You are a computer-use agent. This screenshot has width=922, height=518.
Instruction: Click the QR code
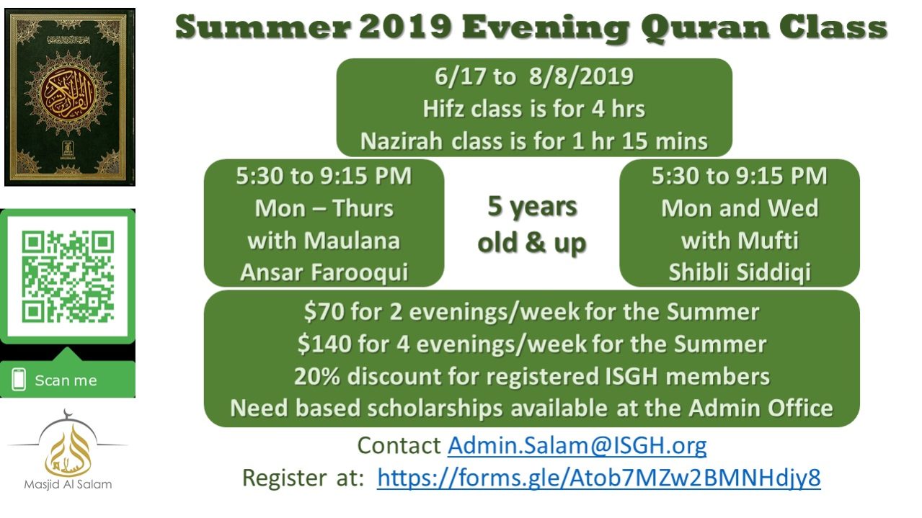68,277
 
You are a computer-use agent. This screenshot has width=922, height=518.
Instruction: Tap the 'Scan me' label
66,380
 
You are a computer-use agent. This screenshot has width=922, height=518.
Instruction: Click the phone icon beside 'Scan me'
19,380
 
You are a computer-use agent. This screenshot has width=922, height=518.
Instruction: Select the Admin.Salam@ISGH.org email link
577,445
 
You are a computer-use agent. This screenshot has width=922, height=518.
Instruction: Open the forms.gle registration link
599,478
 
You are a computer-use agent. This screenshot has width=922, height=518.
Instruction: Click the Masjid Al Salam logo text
68,484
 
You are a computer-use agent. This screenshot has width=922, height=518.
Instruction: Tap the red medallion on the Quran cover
68,94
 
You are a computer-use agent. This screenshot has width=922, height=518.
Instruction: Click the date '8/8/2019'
581,76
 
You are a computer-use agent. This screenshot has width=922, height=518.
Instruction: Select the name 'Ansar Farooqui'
324,272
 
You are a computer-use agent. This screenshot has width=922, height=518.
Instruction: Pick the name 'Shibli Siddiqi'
740,272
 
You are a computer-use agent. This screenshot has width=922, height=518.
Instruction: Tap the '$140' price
324,344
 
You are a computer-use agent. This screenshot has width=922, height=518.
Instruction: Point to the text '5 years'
532,207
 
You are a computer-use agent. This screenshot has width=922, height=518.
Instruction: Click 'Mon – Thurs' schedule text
324,207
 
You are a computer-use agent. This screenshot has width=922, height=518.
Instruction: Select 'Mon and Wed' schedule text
740,207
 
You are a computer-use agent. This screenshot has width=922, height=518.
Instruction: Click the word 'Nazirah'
402,141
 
